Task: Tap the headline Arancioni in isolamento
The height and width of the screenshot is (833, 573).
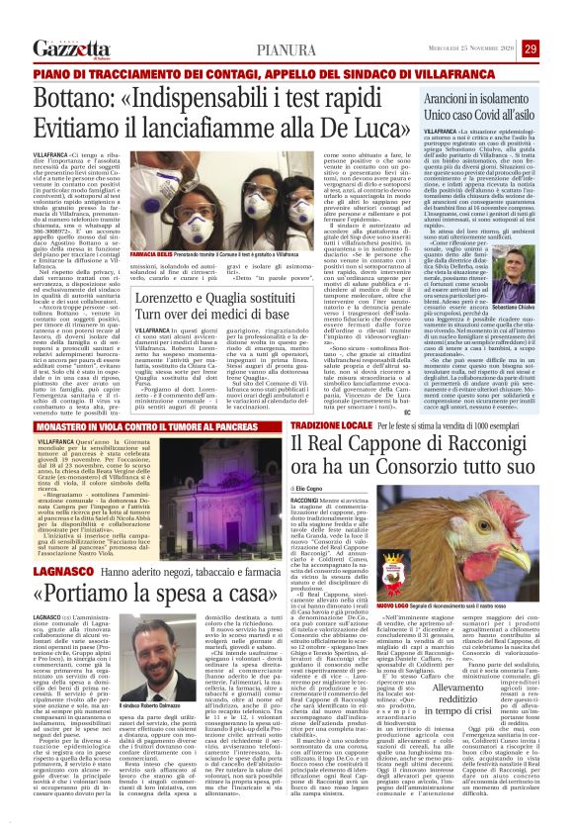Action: (493, 102)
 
